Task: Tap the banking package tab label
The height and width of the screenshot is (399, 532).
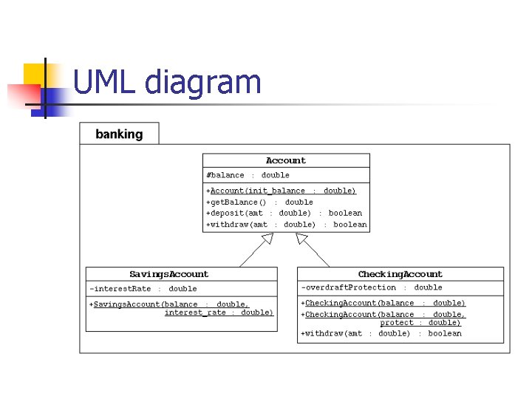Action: pos(119,134)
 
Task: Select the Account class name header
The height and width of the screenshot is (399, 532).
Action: pos(286,160)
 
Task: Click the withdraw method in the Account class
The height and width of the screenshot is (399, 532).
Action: pos(287,225)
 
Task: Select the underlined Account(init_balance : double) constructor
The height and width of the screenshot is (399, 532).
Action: pos(281,191)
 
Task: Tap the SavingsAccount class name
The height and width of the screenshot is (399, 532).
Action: pos(169,274)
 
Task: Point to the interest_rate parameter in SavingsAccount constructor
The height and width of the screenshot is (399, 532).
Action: pos(195,313)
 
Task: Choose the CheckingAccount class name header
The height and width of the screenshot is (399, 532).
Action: pos(400,274)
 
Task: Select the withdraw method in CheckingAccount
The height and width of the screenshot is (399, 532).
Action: pos(381,333)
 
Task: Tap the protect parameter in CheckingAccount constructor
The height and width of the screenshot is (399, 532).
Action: pos(397,323)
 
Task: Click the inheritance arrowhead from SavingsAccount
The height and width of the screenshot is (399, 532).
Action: pos(268,238)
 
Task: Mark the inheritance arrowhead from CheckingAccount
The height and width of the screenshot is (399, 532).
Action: pos(301,238)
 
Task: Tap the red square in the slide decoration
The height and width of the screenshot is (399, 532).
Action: pos(24,96)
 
